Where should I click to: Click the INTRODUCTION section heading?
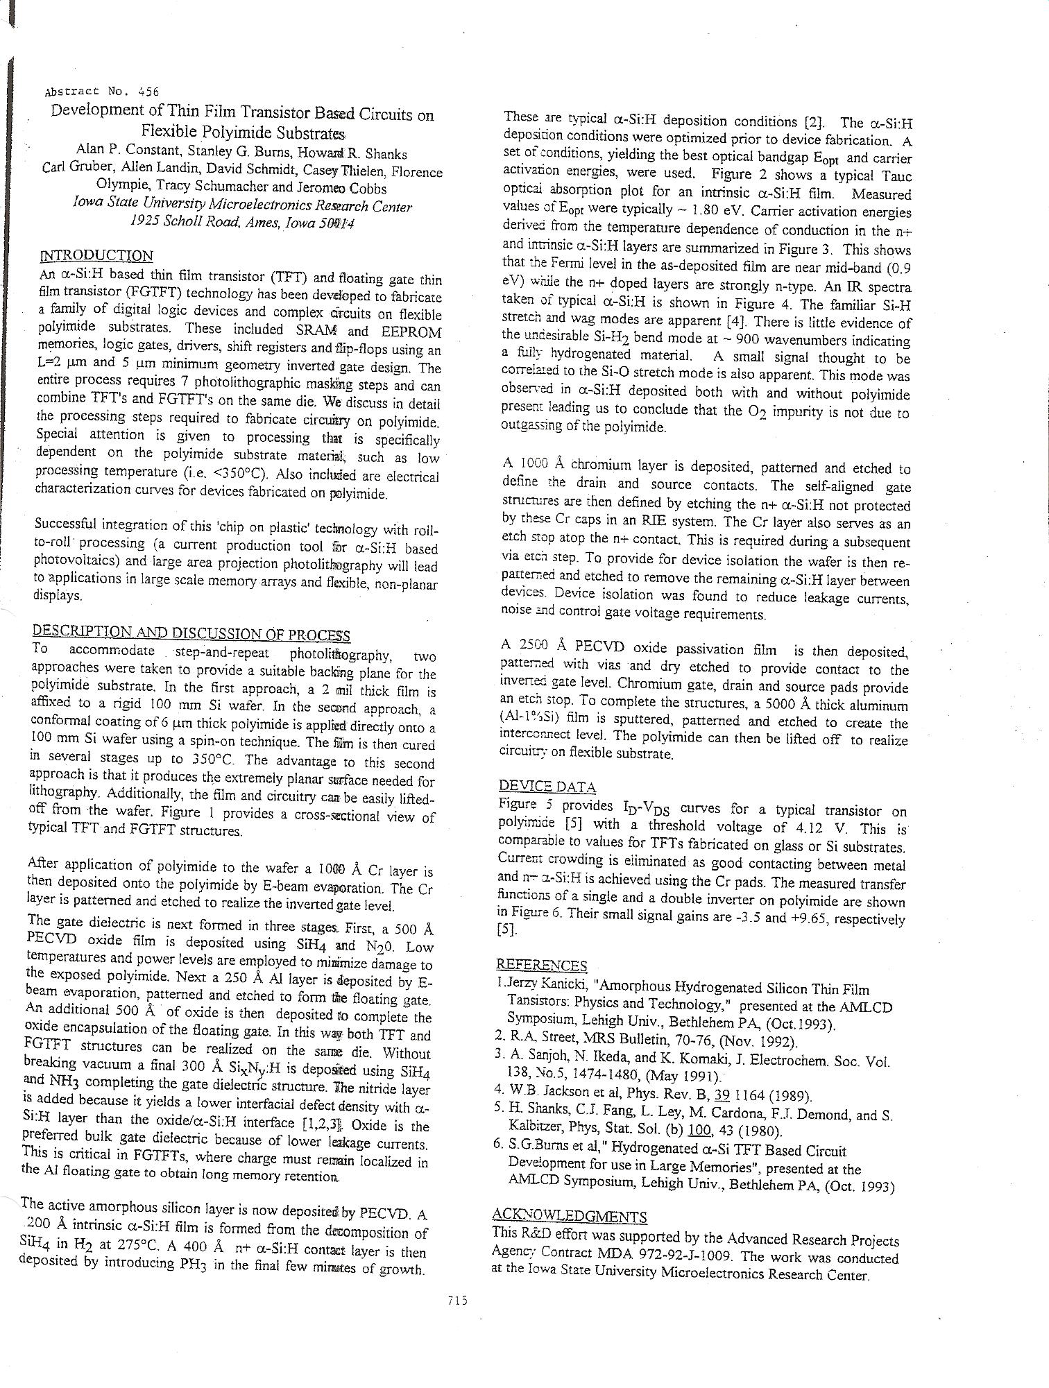(96, 255)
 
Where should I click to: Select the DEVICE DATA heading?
(547, 787)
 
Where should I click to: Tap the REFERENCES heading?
(541, 966)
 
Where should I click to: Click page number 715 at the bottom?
(457, 1300)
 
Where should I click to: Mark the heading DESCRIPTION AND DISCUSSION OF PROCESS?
(191, 633)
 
